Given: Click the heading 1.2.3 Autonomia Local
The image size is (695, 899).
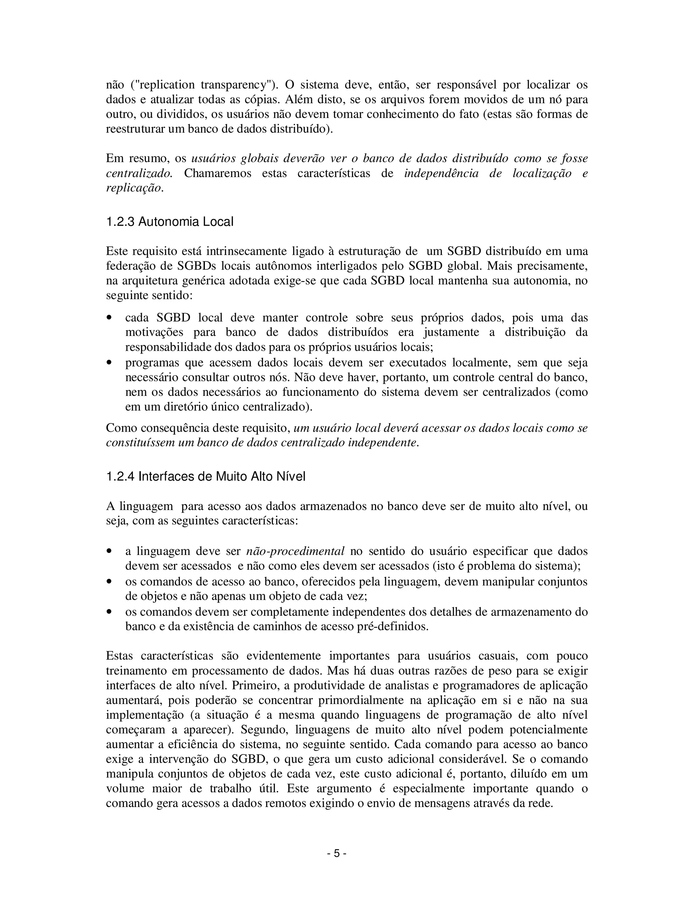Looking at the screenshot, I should [170, 222].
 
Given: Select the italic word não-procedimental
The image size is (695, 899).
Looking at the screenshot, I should [295, 551].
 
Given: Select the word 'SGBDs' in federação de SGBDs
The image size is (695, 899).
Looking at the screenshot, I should [197, 266].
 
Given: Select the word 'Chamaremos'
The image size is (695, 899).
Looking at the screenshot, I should [218, 173].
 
